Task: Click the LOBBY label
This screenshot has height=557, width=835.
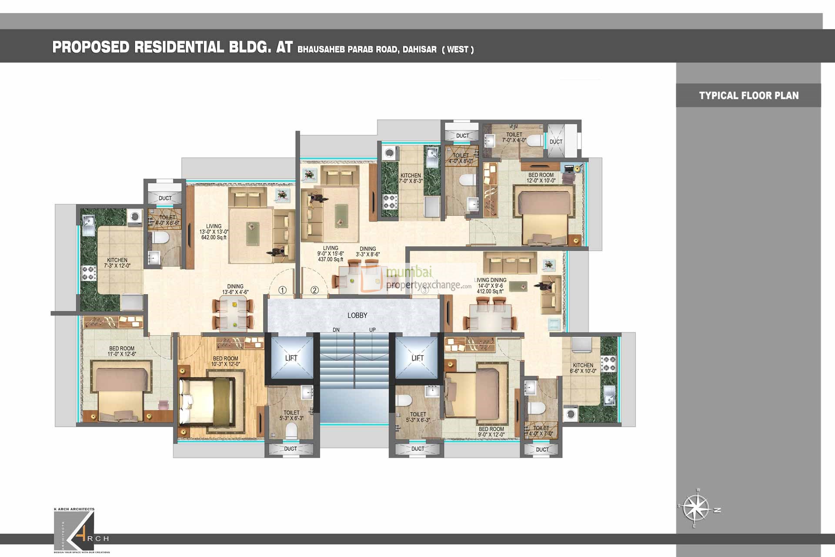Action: (357, 315)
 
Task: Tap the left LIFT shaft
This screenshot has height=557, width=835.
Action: (291, 358)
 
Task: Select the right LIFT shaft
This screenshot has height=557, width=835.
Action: (417, 358)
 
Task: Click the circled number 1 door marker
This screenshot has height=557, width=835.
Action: (282, 290)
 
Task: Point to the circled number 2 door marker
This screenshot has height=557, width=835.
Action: (314, 290)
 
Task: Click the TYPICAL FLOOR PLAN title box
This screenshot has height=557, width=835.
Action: (748, 96)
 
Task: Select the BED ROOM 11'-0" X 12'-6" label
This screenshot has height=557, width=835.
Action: (122, 351)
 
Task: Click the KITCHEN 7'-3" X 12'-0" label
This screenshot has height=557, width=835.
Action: (117, 263)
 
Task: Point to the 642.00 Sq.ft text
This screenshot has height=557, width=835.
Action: (214, 238)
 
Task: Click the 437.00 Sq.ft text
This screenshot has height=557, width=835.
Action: (330, 259)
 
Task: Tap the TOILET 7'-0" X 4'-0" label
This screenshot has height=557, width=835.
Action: (514, 138)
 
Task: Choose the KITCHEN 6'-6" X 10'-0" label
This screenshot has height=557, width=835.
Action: (583, 368)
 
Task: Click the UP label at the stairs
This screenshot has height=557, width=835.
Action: (372, 330)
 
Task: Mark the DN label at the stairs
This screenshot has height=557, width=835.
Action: (336, 330)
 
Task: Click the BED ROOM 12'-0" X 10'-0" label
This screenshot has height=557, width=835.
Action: (541, 178)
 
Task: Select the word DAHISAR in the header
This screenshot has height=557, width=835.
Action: (419, 50)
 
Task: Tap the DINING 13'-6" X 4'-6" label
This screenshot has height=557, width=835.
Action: (235, 289)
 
